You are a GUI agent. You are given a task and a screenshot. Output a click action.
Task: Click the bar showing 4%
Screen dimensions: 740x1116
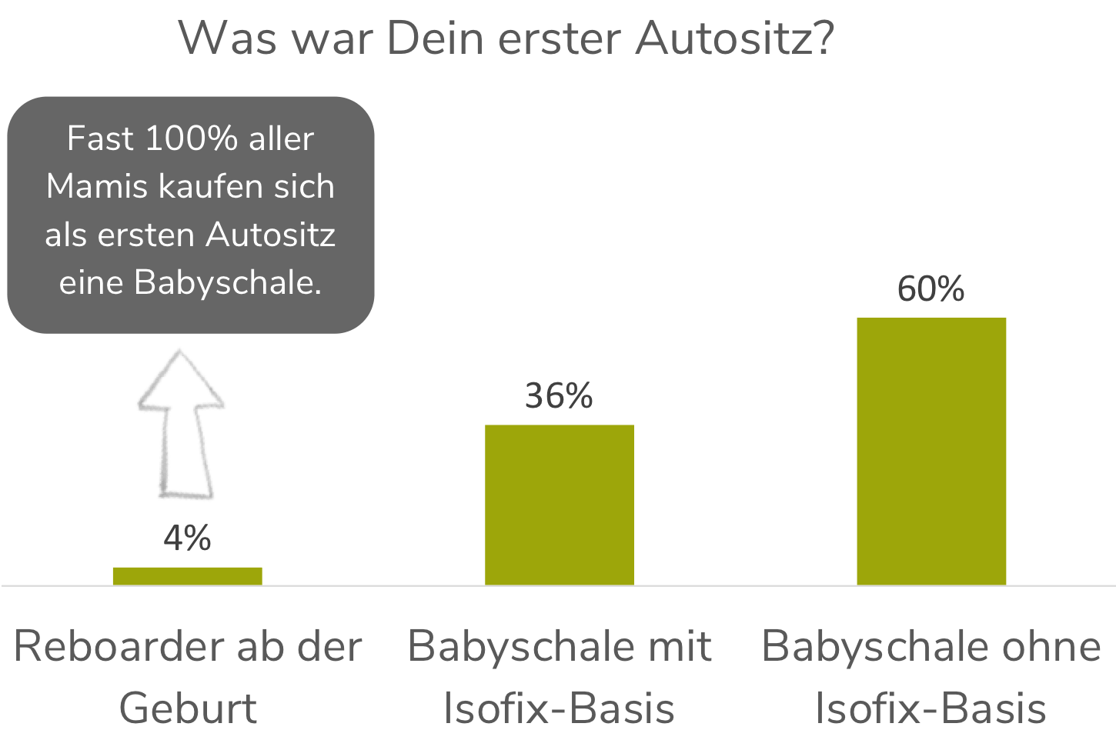(x=187, y=576)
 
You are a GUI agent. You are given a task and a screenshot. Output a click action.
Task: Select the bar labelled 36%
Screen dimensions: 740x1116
(x=559, y=505)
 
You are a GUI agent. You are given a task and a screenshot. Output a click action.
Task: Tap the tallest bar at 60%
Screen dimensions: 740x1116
(x=931, y=451)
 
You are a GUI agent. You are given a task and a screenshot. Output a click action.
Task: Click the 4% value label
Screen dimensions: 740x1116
(x=187, y=538)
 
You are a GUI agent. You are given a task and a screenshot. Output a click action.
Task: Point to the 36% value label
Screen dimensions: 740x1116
(x=559, y=395)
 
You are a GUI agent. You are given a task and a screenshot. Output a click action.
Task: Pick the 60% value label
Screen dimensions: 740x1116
(x=931, y=288)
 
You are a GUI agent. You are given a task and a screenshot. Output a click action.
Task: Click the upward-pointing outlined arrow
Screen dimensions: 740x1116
(x=182, y=423)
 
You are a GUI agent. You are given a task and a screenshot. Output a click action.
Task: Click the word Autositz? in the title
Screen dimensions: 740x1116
(x=734, y=37)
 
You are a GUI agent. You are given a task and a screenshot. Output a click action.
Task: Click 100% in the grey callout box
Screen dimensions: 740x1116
(x=191, y=138)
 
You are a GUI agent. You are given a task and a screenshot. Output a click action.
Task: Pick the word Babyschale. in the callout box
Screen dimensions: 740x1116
(x=227, y=282)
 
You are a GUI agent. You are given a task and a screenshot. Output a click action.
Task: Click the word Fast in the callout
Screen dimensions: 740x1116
(x=100, y=138)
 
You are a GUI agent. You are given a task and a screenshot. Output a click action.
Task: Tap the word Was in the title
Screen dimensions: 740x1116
(x=228, y=37)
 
